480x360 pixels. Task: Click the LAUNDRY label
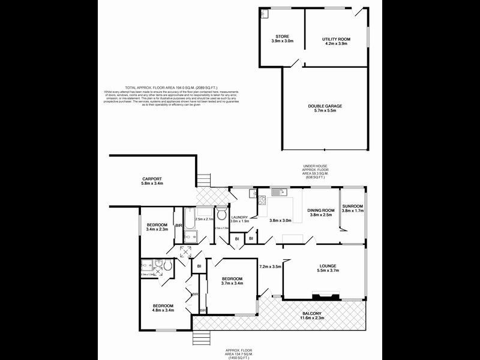tap(240, 217)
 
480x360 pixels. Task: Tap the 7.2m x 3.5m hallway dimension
tap(270, 266)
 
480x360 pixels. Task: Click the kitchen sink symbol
tap(277, 193)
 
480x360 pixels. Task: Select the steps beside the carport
tap(205, 180)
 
